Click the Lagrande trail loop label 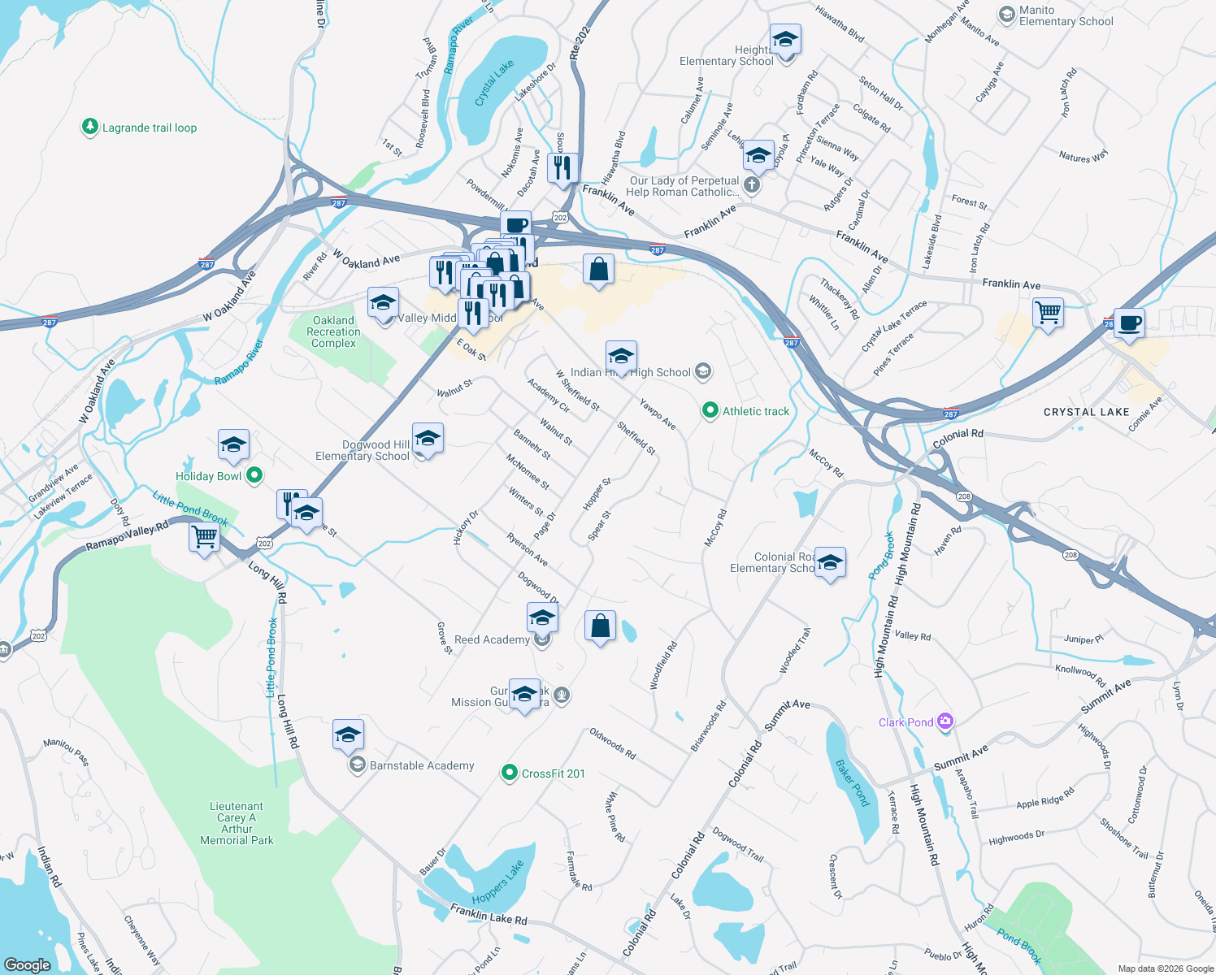(x=149, y=128)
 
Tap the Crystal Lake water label (x=494, y=83)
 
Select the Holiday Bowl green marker (x=254, y=476)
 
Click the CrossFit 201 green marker (x=510, y=773)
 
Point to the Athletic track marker (x=710, y=411)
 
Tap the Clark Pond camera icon (x=945, y=721)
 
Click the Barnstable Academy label (x=421, y=765)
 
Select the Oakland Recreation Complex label (x=333, y=331)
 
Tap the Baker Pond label (x=853, y=782)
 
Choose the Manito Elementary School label (x=1066, y=16)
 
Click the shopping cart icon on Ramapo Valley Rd (x=204, y=536)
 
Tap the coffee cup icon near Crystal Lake (x=1129, y=323)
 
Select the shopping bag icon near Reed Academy (x=600, y=626)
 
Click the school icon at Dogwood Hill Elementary (x=428, y=438)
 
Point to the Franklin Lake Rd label (x=489, y=915)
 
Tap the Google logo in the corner (x=28, y=964)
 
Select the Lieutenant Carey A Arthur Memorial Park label (x=237, y=823)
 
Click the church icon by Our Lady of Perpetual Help (x=752, y=185)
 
